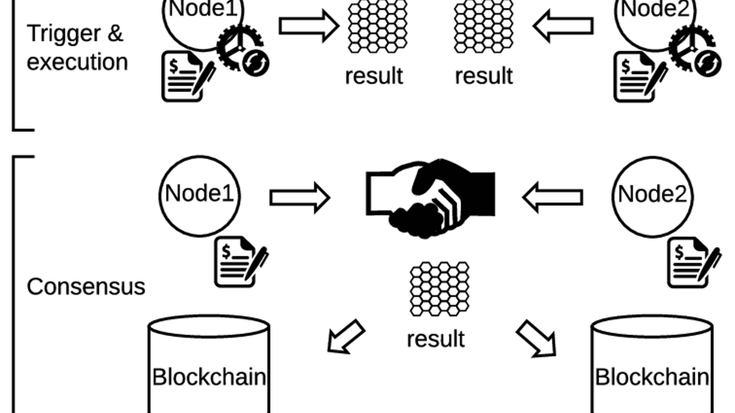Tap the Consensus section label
point(86,287)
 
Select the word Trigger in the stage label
point(63,34)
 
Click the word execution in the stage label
point(77,62)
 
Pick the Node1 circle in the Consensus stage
point(199,196)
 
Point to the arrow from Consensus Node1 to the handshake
point(300,198)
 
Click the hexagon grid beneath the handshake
point(439,289)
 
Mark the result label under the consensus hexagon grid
point(435,339)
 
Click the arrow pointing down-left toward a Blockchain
point(346,337)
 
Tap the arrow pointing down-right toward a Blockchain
point(536,339)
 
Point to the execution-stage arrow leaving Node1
point(309,26)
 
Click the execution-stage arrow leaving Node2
point(563,26)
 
